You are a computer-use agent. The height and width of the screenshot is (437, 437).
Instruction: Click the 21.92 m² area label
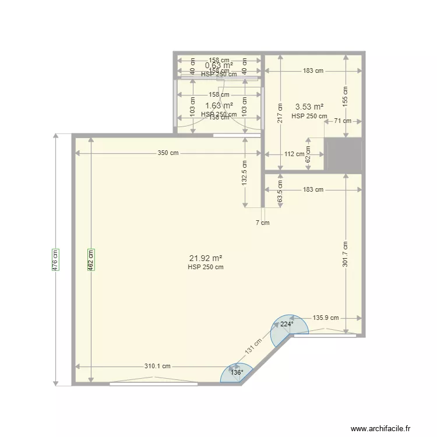click(206, 258)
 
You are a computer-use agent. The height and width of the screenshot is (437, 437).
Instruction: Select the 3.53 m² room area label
click(309, 107)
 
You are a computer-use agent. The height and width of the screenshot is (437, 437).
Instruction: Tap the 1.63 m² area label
click(219, 105)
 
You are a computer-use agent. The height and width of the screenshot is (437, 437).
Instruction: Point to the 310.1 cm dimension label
click(158, 366)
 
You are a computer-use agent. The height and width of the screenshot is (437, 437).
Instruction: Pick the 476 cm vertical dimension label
click(56, 259)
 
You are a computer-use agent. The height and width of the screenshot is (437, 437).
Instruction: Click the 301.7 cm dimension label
click(345, 253)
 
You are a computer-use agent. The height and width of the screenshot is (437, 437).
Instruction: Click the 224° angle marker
click(286, 324)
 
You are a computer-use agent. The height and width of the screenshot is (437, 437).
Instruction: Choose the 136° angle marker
click(236, 372)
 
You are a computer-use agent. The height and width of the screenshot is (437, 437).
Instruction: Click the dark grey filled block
click(344, 156)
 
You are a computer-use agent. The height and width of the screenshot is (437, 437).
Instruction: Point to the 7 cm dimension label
click(263, 223)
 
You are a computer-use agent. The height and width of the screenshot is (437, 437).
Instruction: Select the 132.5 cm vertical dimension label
click(245, 172)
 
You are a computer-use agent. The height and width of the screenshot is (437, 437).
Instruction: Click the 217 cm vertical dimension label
click(280, 113)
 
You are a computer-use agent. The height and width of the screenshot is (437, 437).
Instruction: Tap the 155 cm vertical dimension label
click(345, 95)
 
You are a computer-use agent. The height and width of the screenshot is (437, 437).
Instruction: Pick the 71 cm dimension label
click(343, 121)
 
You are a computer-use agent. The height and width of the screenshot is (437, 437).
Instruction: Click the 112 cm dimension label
click(294, 154)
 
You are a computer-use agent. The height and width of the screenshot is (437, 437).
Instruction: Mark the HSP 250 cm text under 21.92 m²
click(206, 267)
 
